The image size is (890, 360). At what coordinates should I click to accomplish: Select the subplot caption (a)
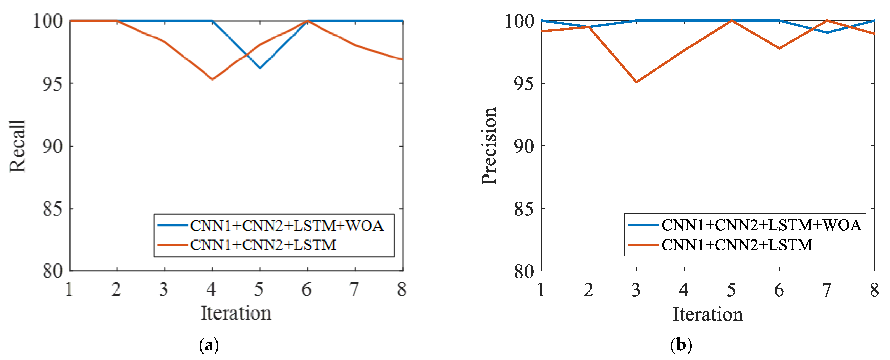point(209,345)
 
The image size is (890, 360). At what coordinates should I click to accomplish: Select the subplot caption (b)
point(681,345)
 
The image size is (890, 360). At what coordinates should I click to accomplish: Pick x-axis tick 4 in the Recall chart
point(212,289)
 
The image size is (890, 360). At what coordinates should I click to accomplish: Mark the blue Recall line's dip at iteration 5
point(260,68)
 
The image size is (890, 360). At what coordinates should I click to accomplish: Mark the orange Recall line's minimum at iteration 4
point(212,79)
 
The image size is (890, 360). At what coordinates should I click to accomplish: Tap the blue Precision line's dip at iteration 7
point(827,32)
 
